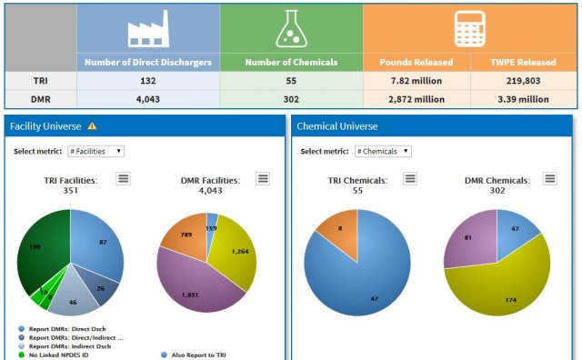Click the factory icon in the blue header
tap(147, 29)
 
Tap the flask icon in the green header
tap(290, 29)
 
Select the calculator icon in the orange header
tap(469, 29)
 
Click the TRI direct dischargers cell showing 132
tap(147, 80)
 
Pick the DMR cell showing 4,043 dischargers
tap(147, 98)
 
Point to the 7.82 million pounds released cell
tap(416, 80)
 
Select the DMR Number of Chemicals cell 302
tap(290, 98)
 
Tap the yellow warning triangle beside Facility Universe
tap(92, 126)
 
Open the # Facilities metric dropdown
tap(95, 151)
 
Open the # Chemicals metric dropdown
tap(381, 151)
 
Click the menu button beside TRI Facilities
tap(123, 179)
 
